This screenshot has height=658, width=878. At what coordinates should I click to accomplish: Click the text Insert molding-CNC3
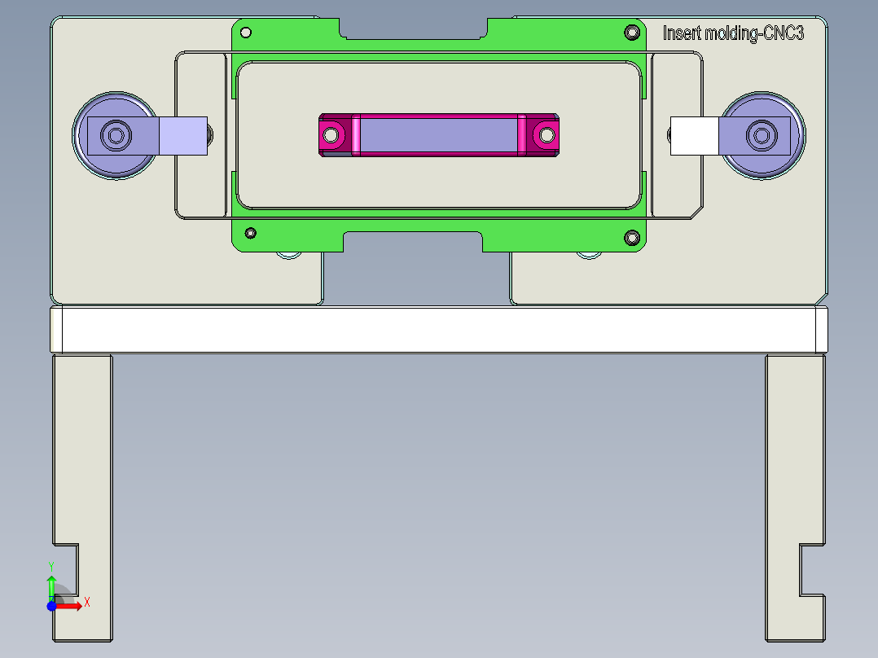point(733,33)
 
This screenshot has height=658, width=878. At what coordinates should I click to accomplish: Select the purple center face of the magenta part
point(437,134)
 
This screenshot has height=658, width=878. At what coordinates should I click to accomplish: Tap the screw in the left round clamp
point(116,134)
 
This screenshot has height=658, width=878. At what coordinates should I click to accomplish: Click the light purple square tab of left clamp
point(182,136)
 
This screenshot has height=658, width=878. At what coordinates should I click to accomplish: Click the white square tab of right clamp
point(694,136)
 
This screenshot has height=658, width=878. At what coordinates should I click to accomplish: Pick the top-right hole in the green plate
point(631,33)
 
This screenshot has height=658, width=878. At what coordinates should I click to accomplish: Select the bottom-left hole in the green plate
point(251,233)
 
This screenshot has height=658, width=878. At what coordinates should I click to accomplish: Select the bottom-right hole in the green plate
point(631,237)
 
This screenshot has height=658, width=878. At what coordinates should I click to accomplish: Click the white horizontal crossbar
point(438,330)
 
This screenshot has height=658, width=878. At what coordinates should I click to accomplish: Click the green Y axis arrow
point(51,585)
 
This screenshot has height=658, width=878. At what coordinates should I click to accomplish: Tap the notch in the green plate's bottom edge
point(413,241)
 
